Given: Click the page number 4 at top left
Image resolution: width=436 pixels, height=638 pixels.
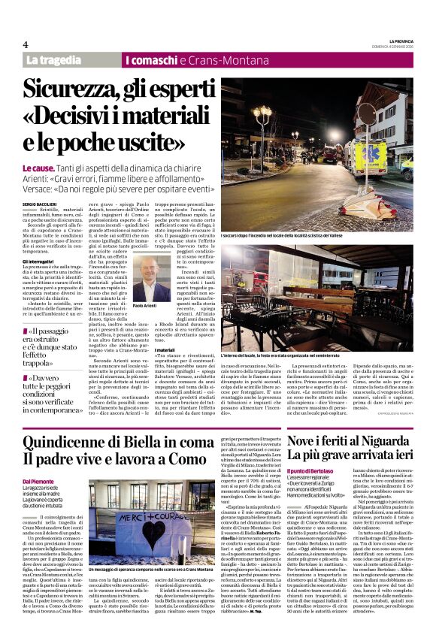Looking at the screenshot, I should (x=25, y=45).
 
